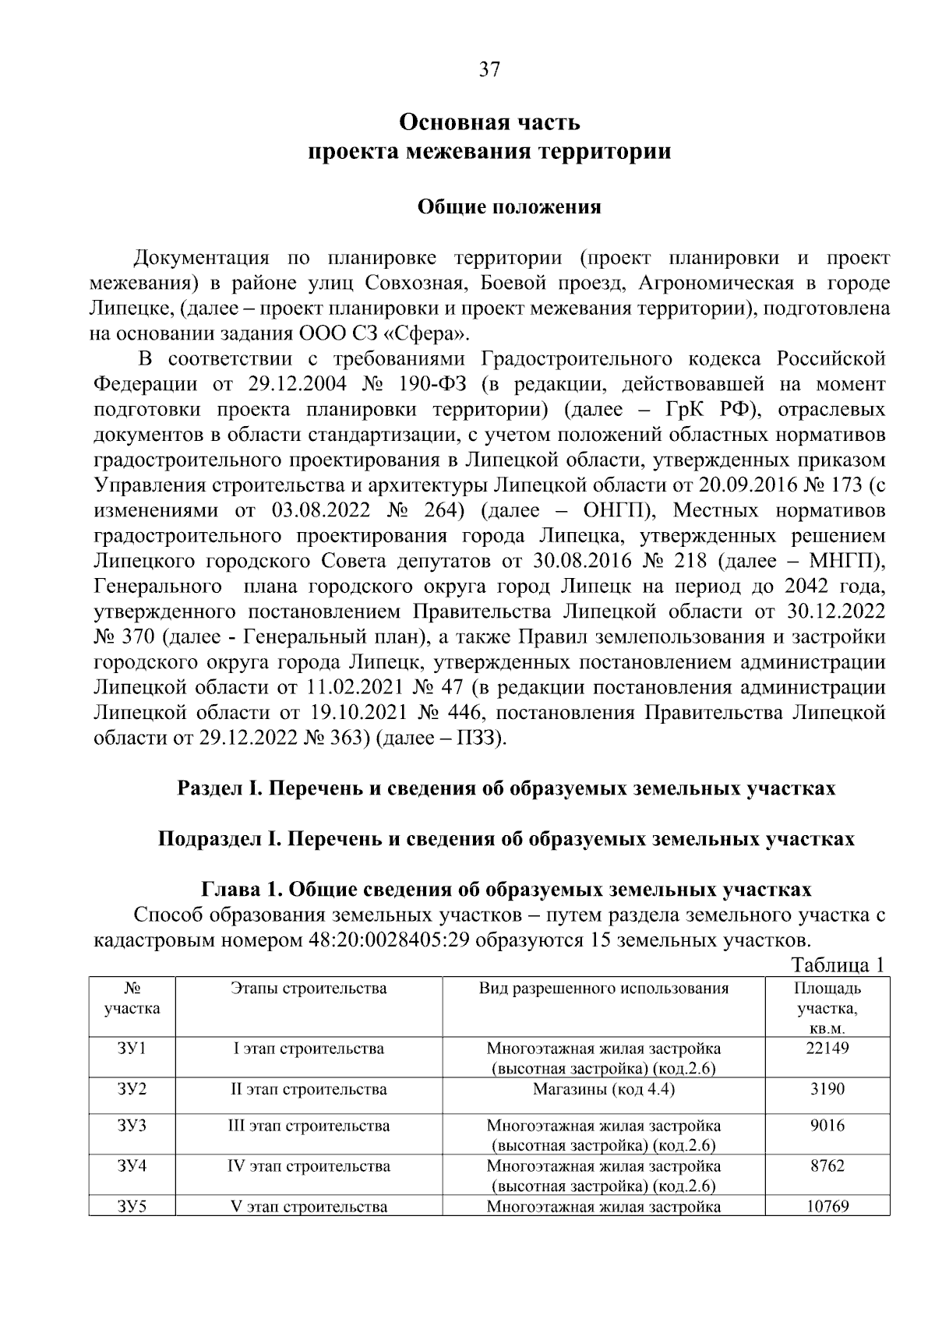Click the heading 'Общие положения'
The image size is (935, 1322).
pos(510,207)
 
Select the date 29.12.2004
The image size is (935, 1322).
pos(293,384)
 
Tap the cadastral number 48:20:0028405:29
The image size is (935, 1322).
pos(389,939)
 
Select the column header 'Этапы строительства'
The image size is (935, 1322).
pos(309,989)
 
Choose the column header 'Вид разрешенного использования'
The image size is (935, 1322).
pos(604,989)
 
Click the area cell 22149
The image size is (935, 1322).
pos(827,1049)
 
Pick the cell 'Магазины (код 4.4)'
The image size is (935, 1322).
pos(604,1089)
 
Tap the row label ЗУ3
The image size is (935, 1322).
pos(132,1126)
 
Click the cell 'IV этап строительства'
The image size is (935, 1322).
pos(309,1166)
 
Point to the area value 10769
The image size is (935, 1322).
pos(827,1207)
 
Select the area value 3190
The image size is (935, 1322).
pos(827,1089)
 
